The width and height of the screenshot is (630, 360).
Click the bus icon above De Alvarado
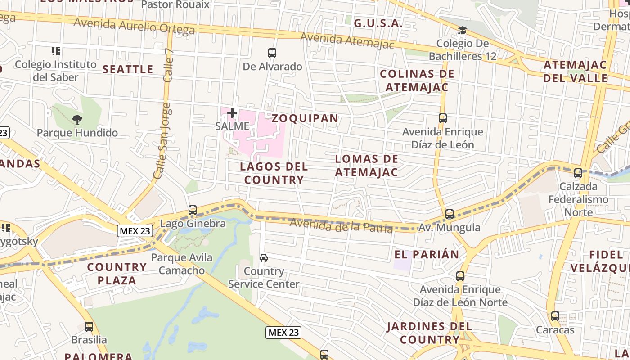point(272,53)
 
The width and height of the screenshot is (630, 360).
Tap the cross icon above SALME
point(232,113)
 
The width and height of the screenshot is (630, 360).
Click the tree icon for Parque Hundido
point(77,120)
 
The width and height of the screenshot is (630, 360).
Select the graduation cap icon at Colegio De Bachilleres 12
point(462,31)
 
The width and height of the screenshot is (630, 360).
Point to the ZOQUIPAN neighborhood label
point(305,118)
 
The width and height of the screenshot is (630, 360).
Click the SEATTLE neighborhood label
point(128,69)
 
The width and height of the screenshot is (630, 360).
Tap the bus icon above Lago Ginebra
point(193,210)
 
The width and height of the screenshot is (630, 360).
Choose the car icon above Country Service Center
point(264,258)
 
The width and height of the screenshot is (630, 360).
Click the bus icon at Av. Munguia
point(450,214)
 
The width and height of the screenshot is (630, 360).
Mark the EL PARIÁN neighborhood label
point(427,254)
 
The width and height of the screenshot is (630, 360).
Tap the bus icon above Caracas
point(555,316)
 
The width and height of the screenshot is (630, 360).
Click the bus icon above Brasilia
point(89,327)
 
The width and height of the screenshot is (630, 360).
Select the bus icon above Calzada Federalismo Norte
point(578,173)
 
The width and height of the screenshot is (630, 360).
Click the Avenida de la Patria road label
point(341,225)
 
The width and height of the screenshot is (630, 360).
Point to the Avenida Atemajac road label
point(347,41)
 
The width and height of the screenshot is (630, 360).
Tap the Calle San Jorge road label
point(162,140)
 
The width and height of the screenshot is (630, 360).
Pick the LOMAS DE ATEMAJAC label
point(367,166)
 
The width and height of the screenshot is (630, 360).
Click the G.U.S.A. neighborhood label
point(378,23)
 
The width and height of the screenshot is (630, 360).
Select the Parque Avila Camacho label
point(182,264)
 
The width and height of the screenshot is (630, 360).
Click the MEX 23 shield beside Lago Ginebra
point(135,231)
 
